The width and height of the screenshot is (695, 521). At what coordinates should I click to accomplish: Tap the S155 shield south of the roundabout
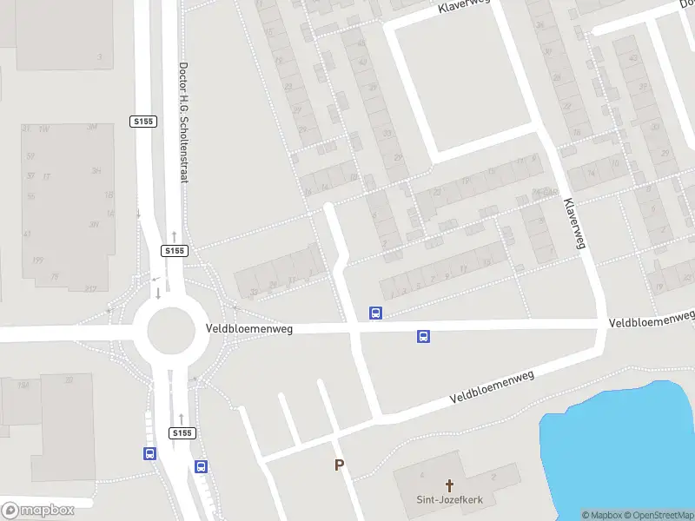point(181,432)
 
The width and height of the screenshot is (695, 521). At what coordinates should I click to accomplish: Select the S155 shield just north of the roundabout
point(175,251)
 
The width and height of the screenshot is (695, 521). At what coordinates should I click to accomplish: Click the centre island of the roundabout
point(169,331)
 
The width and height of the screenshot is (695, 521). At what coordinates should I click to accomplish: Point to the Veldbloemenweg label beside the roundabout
point(250,329)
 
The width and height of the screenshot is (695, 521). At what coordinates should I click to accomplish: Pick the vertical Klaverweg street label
point(574,223)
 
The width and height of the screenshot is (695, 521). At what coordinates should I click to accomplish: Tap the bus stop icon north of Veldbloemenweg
point(376,313)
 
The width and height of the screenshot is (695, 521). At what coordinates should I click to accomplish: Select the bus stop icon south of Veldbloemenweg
point(424,337)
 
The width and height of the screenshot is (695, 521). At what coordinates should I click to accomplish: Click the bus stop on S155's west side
point(149,453)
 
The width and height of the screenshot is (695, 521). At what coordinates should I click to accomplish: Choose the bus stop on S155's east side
point(202,466)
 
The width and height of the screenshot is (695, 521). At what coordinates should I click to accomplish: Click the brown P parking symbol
point(340,465)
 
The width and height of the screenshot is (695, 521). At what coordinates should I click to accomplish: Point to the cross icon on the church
point(450,485)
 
